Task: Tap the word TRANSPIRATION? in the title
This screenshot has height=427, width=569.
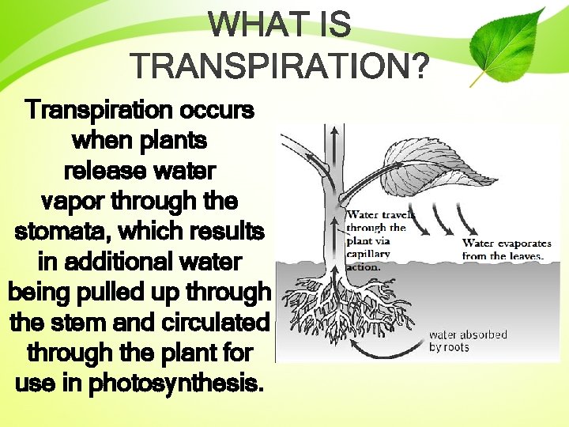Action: click(x=281, y=68)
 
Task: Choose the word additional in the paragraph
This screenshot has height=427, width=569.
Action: click(x=119, y=262)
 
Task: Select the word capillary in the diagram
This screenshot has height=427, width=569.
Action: click(x=368, y=254)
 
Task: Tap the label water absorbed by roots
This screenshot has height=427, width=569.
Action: click(x=468, y=341)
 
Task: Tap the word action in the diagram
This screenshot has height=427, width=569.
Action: click(x=363, y=266)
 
